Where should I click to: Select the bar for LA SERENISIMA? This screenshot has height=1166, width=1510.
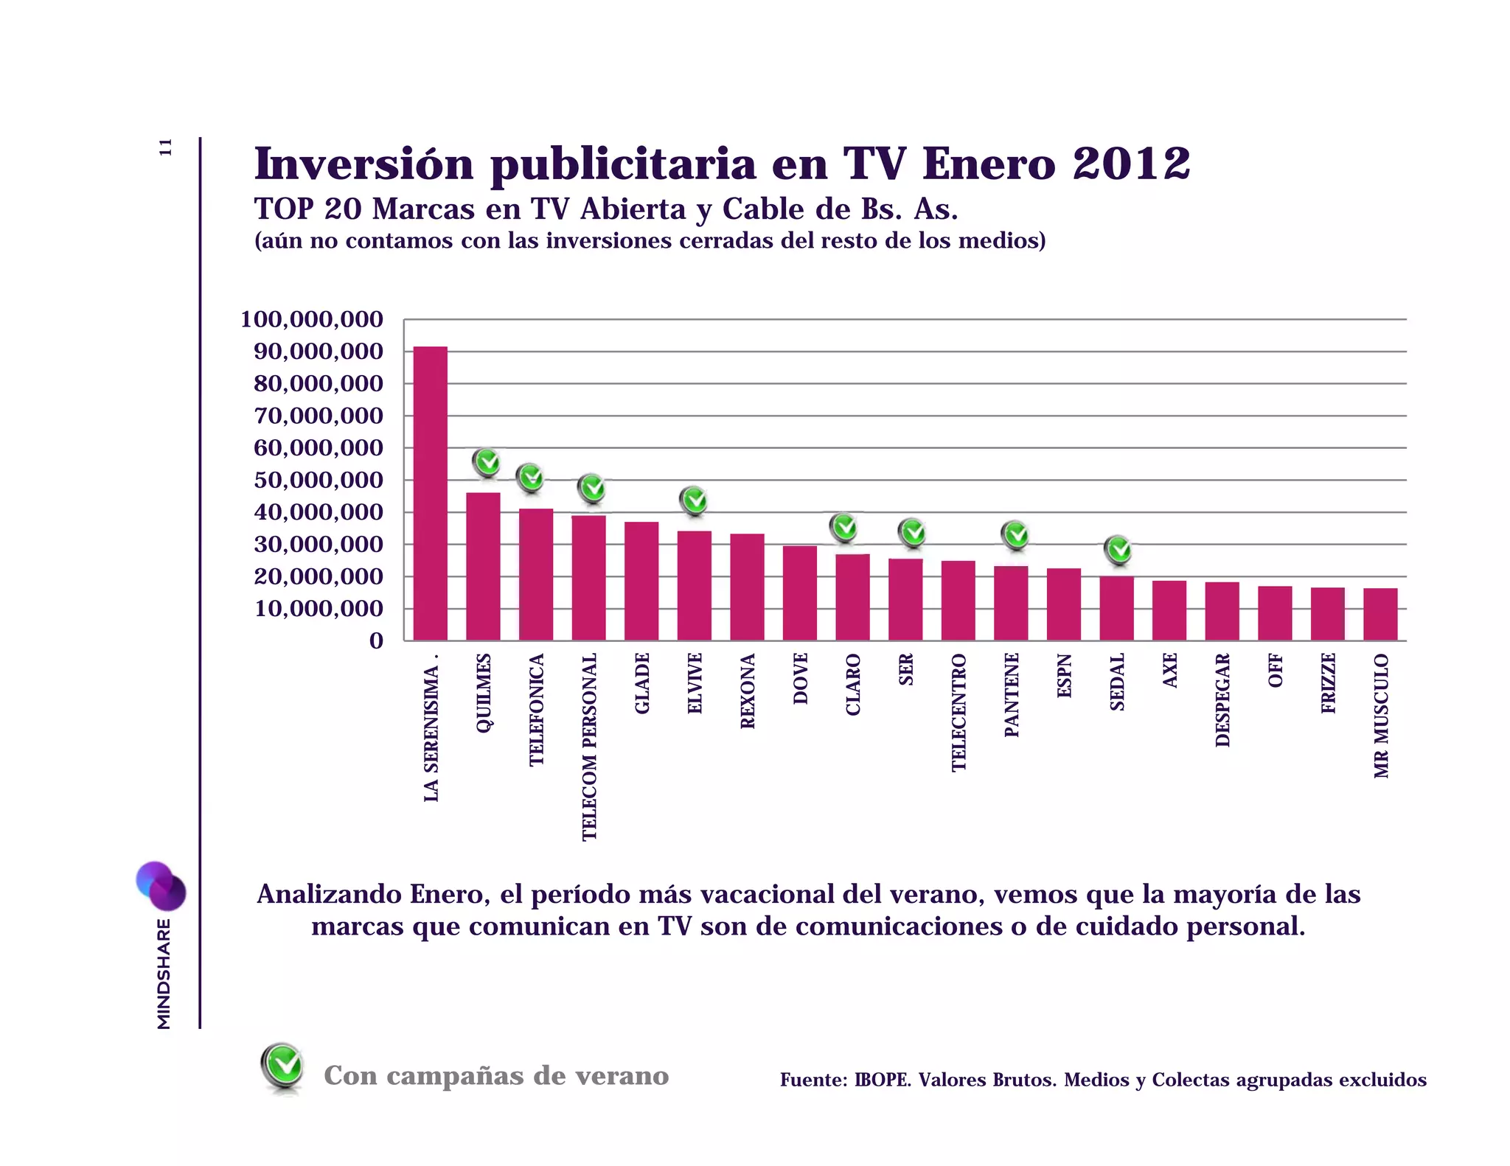click(x=430, y=494)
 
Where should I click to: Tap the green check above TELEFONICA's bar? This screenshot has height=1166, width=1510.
click(x=530, y=478)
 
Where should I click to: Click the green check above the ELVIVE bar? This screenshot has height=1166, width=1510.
click(x=694, y=501)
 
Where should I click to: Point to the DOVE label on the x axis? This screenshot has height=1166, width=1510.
click(x=801, y=679)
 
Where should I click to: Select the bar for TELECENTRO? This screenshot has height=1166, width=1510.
click(x=958, y=601)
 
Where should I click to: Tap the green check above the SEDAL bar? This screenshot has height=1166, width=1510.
click(x=1118, y=549)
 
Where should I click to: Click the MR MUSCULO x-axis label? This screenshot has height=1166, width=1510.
click(x=1381, y=716)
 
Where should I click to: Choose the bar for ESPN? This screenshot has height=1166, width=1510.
click(x=1063, y=604)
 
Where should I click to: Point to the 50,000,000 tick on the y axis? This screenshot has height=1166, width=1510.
click(x=319, y=481)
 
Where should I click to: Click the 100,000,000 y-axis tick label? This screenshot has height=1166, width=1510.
click(x=312, y=320)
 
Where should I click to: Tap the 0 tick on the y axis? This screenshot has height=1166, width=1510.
click(x=376, y=641)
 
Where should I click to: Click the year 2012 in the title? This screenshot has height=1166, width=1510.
click(x=1131, y=164)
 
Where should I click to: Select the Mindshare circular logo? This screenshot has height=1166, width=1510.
click(x=161, y=886)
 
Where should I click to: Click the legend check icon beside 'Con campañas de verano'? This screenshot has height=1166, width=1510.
click(x=282, y=1066)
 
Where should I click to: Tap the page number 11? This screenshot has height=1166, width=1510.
click(x=166, y=147)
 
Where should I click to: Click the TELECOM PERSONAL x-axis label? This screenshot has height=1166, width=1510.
click(x=589, y=747)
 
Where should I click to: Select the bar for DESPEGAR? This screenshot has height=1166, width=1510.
click(x=1222, y=611)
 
